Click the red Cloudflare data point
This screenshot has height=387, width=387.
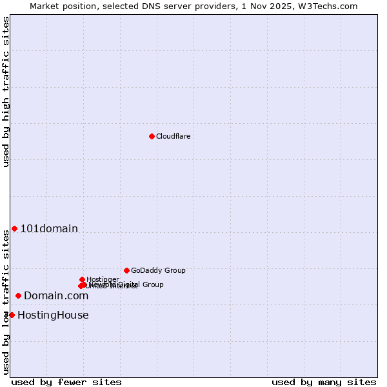click(x=152, y=136)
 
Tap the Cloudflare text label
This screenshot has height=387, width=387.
click(x=173, y=136)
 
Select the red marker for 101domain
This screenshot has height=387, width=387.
click(x=14, y=228)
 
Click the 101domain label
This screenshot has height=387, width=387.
click(x=49, y=228)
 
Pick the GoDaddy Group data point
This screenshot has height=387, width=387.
click(x=126, y=270)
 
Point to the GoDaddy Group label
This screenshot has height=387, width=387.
click(x=158, y=270)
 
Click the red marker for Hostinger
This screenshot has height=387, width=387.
click(x=82, y=279)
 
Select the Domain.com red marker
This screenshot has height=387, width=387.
click(x=18, y=295)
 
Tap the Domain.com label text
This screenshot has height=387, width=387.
click(x=56, y=295)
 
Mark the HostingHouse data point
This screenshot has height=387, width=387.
click(x=12, y=315)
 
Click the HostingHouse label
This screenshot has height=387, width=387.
click(x=53, y=315)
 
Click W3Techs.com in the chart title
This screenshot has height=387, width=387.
click(x=331, y=6)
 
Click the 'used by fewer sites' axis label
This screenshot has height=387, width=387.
click(x=66, y=382)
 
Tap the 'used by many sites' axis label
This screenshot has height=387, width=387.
click(x=324, y=382)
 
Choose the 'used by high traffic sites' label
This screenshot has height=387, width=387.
click(x=6, y=92)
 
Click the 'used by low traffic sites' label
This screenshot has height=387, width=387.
click(x=6, y=302)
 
